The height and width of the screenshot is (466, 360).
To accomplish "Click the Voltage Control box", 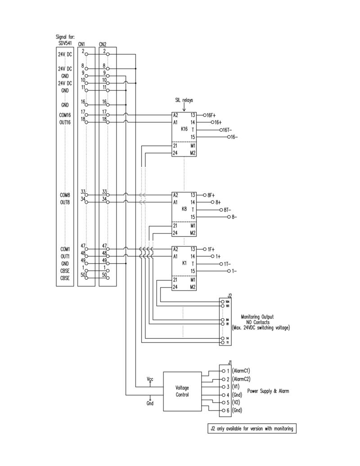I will (182, 390).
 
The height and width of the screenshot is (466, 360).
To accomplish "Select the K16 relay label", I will (184, 129).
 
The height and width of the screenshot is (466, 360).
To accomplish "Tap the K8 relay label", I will (184, 210).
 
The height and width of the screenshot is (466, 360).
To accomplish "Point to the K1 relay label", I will (184, 263).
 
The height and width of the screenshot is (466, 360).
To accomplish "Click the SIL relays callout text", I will (184, 100).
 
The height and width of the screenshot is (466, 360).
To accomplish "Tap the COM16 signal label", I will (65, 115).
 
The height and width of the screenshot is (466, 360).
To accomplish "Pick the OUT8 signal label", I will (65, 202).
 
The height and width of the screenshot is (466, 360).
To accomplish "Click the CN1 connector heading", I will (81, 44).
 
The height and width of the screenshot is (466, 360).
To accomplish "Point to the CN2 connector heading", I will (102, 44).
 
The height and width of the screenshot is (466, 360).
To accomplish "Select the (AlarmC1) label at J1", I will (241, 371).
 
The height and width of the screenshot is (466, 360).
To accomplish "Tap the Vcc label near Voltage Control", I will (150, 380).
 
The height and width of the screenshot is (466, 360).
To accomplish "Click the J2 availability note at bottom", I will (252, 429).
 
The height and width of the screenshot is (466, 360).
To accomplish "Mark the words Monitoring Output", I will (257, 317).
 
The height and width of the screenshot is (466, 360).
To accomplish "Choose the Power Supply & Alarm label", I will (268, 391).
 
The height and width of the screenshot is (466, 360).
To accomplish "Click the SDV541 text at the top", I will (64, 43).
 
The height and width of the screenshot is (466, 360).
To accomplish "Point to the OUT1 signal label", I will (65, 256).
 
